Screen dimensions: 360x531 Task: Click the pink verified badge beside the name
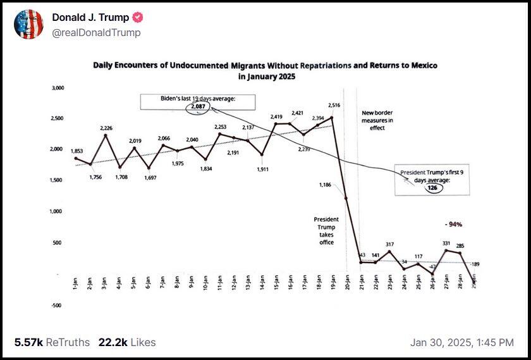(x=137, y=18)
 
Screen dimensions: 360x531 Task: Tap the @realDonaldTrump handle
(x=96, y=32)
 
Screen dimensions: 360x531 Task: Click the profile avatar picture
(x=28, y=24)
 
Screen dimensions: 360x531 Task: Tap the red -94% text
(x=453, y=224)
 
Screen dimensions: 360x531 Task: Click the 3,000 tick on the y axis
(x=56, y=88)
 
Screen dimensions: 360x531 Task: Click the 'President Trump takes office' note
(x=326, y=231)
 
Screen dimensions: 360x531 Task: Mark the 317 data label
(x=390, y=244)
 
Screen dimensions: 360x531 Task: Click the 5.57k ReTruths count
(x=52, y=342)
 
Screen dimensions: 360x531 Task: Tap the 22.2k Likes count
(x=126, y=342)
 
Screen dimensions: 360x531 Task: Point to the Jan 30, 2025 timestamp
(x=461, y=342)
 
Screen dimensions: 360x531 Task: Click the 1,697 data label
(x=149, y=178)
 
